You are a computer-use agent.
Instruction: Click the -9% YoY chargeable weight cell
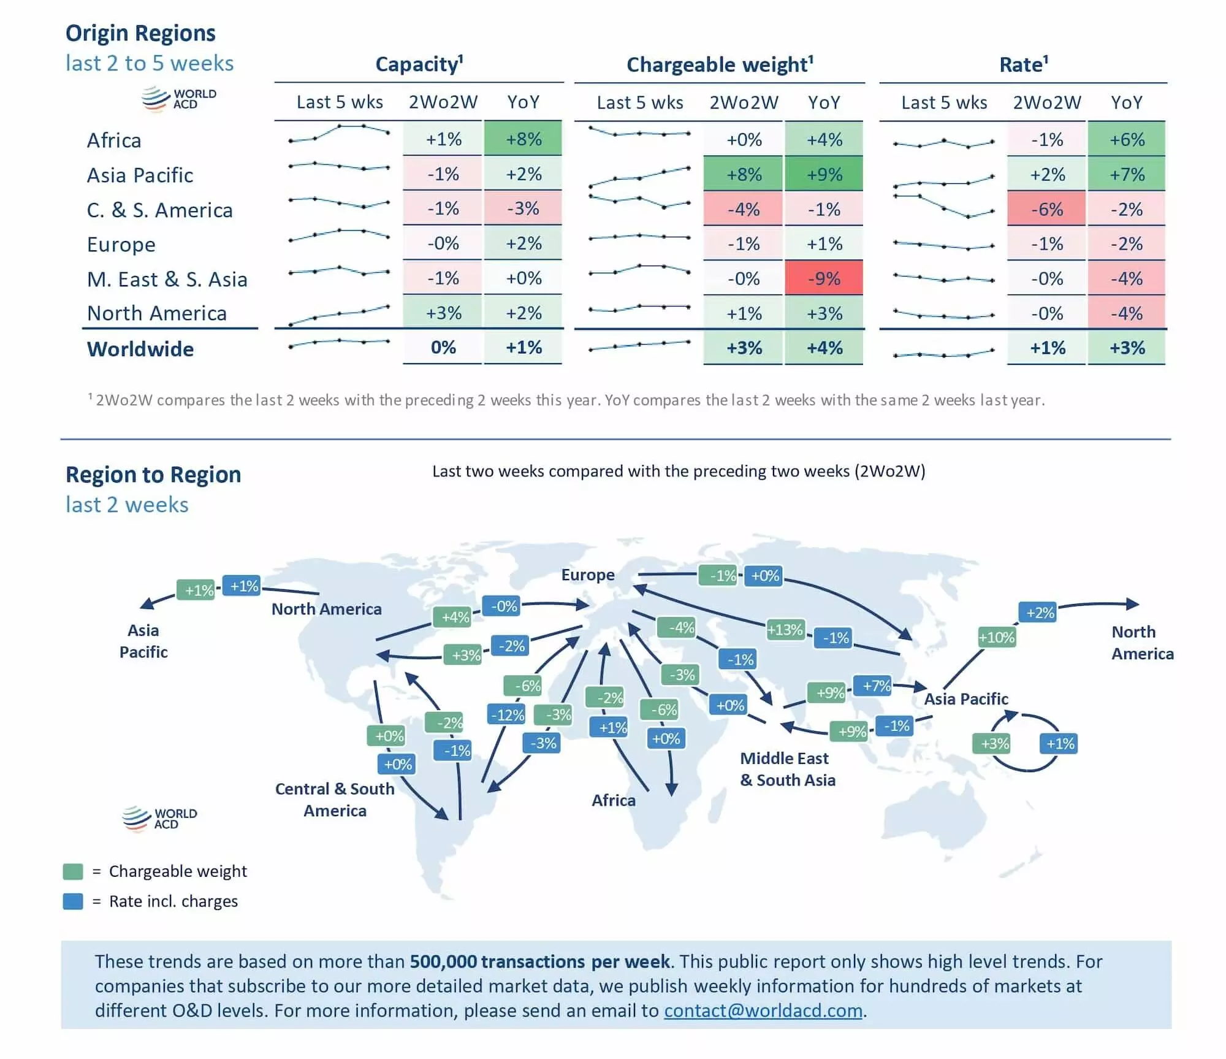pyautogui.click(x=823, y=278)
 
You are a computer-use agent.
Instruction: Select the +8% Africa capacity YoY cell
pyautogui.click(x=523, y=139)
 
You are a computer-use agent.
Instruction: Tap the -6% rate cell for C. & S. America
pyautogui.click(x=1046, y=209)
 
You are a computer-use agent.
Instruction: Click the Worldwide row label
pyautogui.click(x=140, y=349)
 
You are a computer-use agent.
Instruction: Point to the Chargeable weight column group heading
pyautogui.click(x=720, y=64)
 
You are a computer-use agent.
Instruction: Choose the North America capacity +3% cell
pyautogui.click(x=443, y=313)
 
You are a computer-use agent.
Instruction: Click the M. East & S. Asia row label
pyautogui.click(x=167, y=279)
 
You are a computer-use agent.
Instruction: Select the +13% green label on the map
pyautogui.click(x=785, y=629)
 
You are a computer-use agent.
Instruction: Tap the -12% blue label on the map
pyautogui.click(x=508, y=714)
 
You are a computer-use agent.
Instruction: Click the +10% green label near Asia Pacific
pyautogui.click(x=996, y=637)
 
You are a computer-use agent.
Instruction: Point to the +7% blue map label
pyautogui.click(x=876, y=686)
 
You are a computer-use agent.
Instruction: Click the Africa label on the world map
pyautogui.click(x=613, y=800)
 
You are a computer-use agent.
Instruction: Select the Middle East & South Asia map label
pyautogui.click(x=787, y=769)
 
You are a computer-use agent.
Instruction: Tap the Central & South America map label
pyautogui.click(x=335, y=800)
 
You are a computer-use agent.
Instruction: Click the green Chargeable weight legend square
pyautogui.click(x=73, y=871)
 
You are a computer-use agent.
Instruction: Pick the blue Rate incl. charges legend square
pyautogui.click(x=73, y=901)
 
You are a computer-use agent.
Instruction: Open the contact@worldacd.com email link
pyautogui.click(x=763, y=1010)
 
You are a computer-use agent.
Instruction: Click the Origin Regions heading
pyautogui.click(x=140, y=33)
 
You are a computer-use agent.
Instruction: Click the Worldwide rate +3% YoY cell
pyautogui.click(x=1127, y=348)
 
